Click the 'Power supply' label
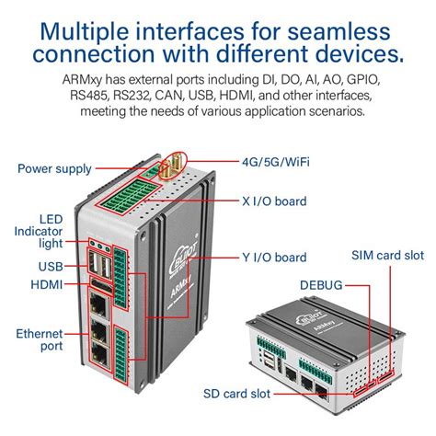point(54,168)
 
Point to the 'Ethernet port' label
point(40,339)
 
